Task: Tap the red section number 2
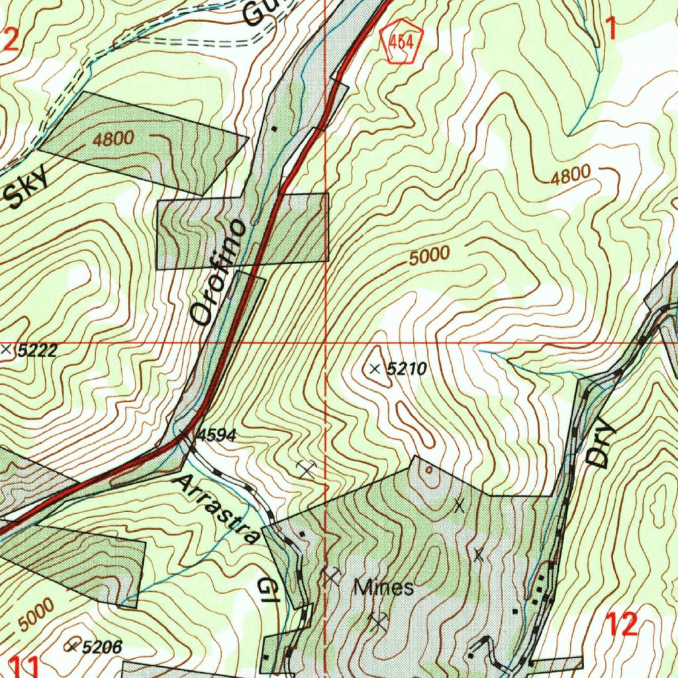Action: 10,40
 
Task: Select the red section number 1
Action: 610,28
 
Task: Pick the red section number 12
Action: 621,624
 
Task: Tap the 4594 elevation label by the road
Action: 216,436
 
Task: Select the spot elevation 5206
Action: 101,647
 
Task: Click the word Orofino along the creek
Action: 219,272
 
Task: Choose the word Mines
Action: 384,587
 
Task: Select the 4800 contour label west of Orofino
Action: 113,139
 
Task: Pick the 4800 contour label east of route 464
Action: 570,175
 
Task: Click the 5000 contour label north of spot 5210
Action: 429,256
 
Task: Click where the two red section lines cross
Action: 326,344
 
